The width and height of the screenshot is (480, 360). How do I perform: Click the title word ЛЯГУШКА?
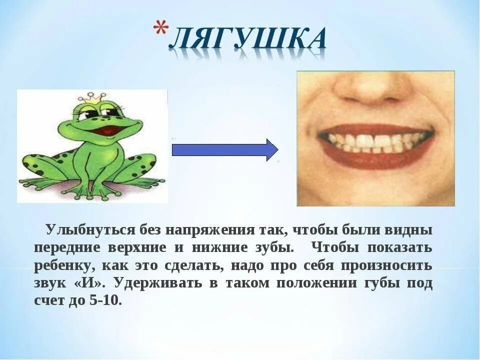click(x=248, y=41)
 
